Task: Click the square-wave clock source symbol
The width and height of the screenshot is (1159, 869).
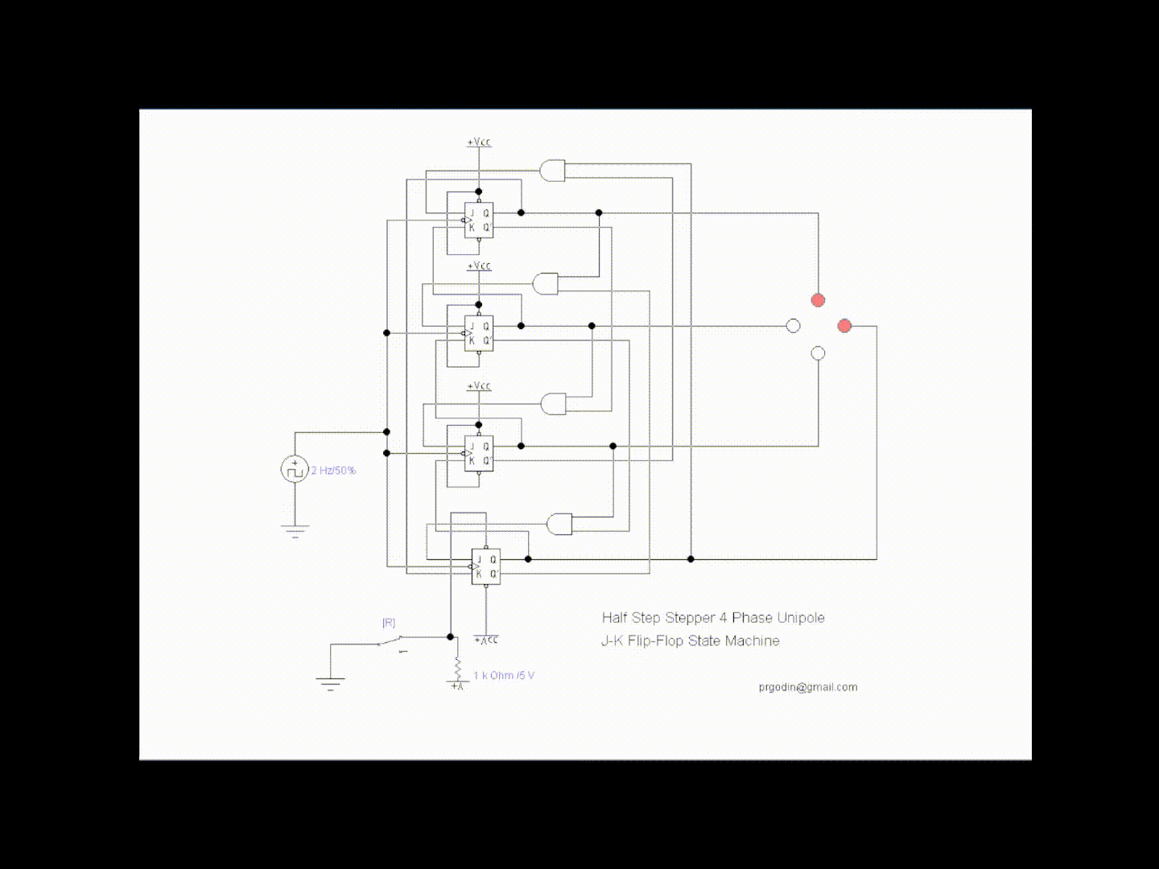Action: (295, 469)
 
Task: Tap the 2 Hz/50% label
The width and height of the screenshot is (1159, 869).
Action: (333, 470)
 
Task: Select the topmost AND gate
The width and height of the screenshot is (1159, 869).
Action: (552, 171)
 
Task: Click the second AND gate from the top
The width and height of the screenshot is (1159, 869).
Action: (546, 283)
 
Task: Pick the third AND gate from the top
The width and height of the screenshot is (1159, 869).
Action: (553, 403)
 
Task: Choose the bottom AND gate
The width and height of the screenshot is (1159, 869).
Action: (559, 524)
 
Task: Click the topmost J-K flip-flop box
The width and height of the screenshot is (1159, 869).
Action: (479, 220)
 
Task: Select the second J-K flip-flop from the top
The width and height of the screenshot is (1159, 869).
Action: (479, 333)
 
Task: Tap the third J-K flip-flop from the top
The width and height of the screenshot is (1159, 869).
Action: (479, 453)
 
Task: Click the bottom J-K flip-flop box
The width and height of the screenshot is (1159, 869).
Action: (486, 566)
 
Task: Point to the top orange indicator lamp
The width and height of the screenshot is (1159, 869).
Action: (818, 300)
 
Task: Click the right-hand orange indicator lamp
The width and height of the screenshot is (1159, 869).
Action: (844, 326)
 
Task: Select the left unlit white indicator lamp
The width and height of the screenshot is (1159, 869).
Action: (793, 326)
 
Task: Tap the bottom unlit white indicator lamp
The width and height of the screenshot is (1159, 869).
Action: (818, 353)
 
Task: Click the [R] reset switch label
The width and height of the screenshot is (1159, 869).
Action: (389, 623)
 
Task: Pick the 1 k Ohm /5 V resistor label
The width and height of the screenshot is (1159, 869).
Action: (504, 675)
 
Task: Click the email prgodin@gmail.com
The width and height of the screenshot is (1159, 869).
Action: (807, 687)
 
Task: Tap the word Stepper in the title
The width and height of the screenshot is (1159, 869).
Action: (690, 618)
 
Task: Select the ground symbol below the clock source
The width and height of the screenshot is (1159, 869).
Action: (295, 529)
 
